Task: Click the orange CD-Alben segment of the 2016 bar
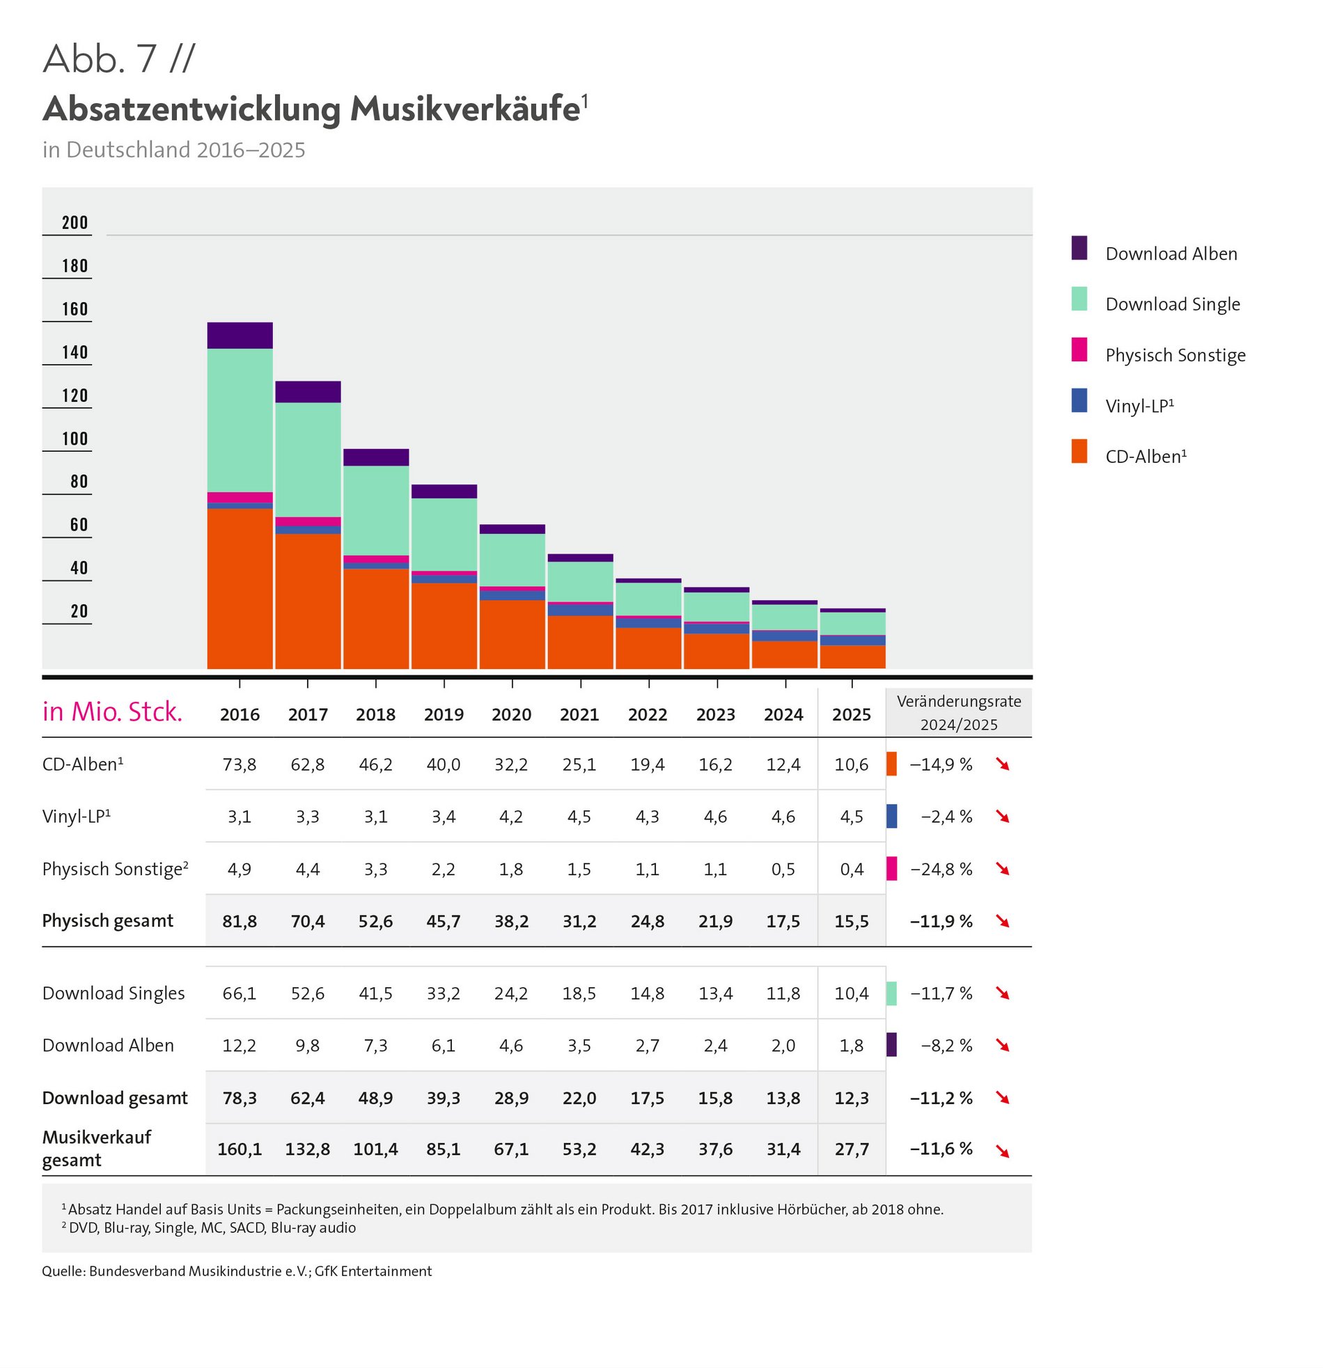click(240, 588)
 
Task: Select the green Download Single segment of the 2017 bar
click(308, 459)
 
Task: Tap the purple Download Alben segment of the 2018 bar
click(375, 457)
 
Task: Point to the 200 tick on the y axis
click(75, 223)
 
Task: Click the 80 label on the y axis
click(79, 482)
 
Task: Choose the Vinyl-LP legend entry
click(1138, 405)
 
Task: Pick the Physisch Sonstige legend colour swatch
click(1079, 349)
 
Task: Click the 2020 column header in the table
click(511, 715)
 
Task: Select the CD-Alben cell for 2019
click(444, 764)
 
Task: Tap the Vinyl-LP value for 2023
click(716, 817)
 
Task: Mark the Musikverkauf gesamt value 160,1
click(240, 1149)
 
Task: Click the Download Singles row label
click(113, 993)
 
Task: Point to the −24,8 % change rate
click(941, 869)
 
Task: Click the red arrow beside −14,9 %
click(1003, 765)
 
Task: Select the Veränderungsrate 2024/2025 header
click(959, 713)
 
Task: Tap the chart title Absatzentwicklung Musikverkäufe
click(311, 109)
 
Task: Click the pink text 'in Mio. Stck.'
click(112, 712)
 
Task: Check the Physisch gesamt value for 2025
click(852, 921)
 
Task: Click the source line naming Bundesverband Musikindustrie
click(237, 1271)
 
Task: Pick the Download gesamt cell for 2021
click(579, 1098)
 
